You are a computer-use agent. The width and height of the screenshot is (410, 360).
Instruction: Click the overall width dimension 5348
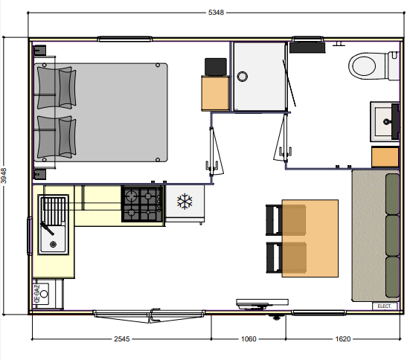click(x=216, y=13)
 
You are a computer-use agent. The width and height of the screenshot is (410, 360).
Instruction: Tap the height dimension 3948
click(x=4, y=176)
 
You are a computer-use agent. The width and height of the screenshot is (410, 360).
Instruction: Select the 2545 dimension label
click(x=122, y=339)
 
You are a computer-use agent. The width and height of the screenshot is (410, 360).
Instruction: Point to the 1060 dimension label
click(x=249, y=339)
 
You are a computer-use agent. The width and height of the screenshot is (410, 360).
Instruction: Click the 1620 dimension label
click(x=343, y=339)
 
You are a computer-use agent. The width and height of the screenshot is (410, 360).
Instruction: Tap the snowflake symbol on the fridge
click(x=185, y=202)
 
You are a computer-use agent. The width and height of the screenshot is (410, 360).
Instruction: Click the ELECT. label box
click(x=385, y=306)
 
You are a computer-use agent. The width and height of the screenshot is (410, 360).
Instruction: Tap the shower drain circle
click(x=243, y=77)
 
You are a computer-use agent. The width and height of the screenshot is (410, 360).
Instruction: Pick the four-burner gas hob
click(x=142, y=204)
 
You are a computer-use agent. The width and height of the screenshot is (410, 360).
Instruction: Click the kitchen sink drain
click(x=53, y=244)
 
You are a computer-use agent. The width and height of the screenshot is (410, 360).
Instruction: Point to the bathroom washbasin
click(x=385, y=121)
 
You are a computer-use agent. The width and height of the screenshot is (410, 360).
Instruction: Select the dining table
click(x=310, y=238)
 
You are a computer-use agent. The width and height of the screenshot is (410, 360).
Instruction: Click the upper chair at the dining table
click(x=286, y=220)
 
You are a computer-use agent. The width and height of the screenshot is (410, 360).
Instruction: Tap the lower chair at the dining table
click(x=286, y=258)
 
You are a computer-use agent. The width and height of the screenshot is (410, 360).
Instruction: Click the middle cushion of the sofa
click(x=392, y=235)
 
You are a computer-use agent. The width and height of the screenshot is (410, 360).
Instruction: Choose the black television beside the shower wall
click(x=216, y=67)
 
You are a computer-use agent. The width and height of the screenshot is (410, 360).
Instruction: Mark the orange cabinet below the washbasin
click(x=385, y=157)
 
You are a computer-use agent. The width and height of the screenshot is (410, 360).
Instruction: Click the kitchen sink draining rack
click(x=54, y=210)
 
